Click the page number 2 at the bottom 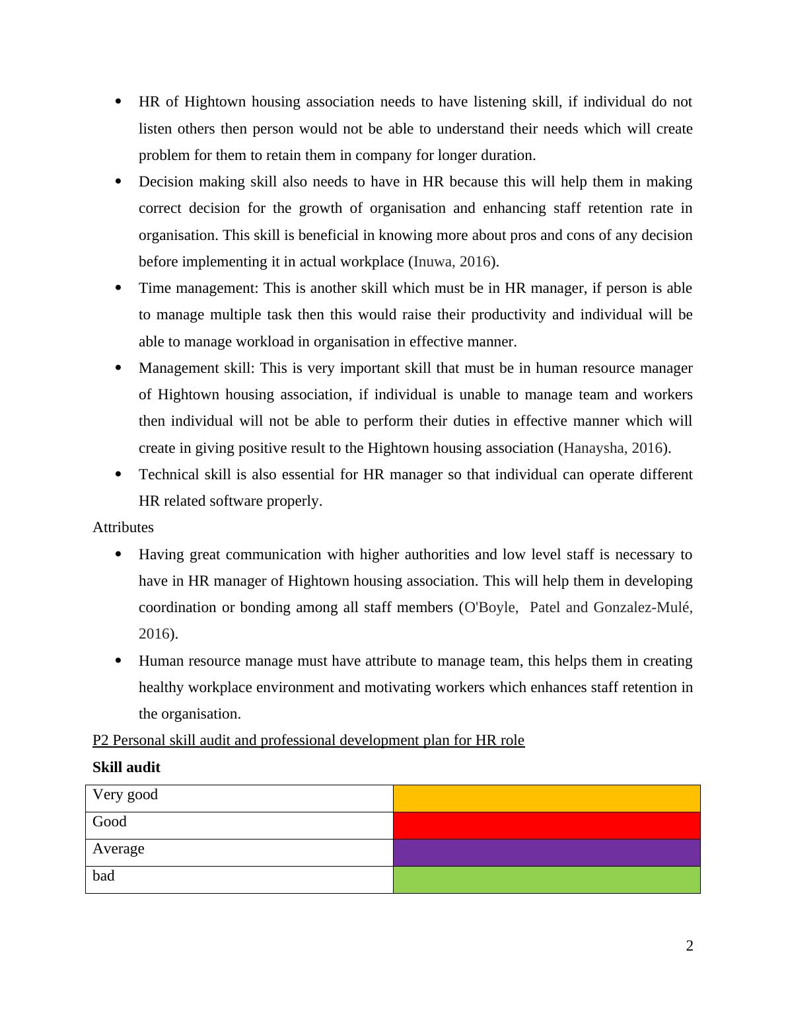point(690,946)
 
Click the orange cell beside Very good point(546,799)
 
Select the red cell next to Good point(546,826)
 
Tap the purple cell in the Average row point(546,853)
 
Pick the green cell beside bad point(546,880)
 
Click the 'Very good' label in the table point(125,795)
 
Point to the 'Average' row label point(118,849)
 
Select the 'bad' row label point(104,876)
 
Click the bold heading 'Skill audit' point(126,767)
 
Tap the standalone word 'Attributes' point(123,528)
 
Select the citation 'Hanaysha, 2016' point(613,448)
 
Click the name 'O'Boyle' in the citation point(489,607)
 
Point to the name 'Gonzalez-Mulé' point(643,607)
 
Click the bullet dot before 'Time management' point(119,288)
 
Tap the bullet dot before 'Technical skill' point(119,474)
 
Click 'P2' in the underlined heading point(100,740)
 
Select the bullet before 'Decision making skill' point(119,181)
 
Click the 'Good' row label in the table point(110,822)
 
